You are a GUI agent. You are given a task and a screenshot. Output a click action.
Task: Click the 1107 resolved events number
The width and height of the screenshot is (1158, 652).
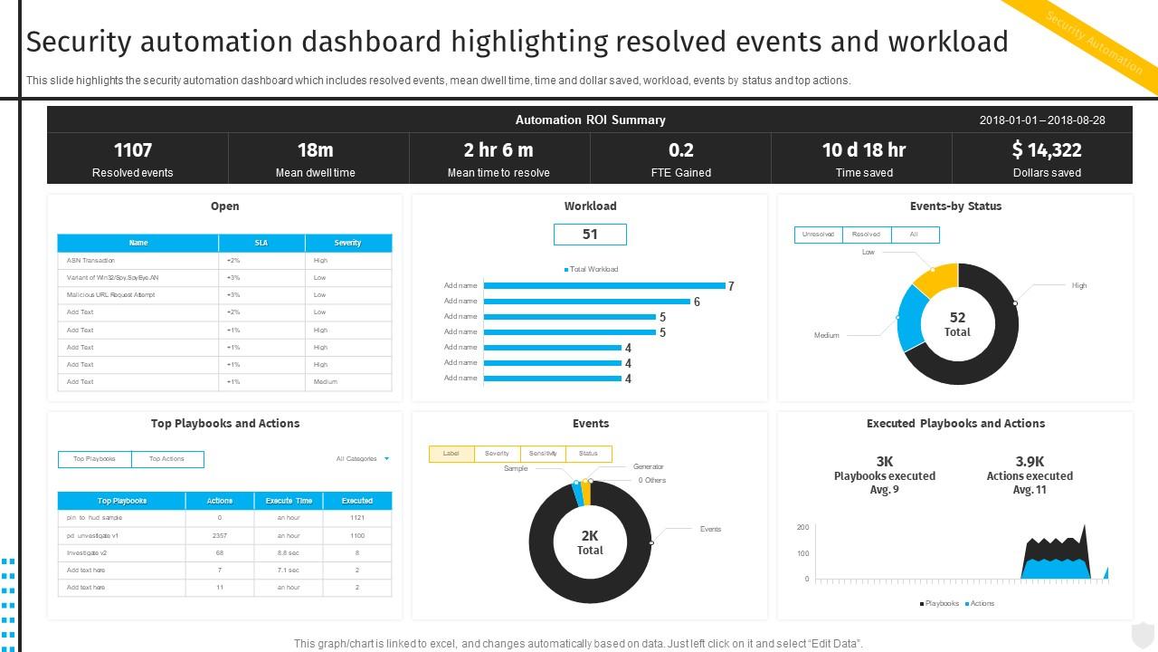pos(133,150)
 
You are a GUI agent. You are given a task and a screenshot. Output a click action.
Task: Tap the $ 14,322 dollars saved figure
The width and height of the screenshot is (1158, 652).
pos(1047,150)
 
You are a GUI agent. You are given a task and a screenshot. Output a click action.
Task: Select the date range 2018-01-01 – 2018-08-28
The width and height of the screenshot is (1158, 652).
pos(1042,120)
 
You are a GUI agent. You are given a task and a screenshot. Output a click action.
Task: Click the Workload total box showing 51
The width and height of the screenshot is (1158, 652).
pos(590,235)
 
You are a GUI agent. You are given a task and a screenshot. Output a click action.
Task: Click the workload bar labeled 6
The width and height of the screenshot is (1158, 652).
pos(587,301)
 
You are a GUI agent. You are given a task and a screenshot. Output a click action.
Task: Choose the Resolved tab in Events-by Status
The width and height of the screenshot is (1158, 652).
pos(866,235)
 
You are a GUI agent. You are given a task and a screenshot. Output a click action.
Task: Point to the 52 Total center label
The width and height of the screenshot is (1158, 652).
pos(957,324)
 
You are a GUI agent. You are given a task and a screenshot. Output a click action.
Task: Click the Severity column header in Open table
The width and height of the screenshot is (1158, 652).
pos(347,243)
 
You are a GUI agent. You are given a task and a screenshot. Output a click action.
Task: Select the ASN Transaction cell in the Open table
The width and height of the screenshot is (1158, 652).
pos(90,260)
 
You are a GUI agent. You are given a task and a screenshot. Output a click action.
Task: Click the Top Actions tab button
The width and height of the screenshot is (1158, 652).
pos(166,459)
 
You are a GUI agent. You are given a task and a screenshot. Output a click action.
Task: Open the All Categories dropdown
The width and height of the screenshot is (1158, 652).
pos(363,459)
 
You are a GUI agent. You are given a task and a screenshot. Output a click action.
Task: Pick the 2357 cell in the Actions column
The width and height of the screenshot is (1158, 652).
pos(219,535)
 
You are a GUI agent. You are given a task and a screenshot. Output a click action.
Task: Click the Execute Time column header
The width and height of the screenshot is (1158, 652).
pos(289,501)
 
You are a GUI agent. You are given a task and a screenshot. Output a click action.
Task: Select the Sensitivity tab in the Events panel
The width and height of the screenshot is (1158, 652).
pos(543,453)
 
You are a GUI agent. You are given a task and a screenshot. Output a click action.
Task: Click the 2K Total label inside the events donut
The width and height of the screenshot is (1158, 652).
pos(590,542)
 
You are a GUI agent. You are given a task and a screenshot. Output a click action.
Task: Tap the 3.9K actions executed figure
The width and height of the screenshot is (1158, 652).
pos(1030,462)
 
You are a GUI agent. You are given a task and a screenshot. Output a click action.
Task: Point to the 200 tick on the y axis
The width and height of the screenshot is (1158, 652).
pos(802,527)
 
